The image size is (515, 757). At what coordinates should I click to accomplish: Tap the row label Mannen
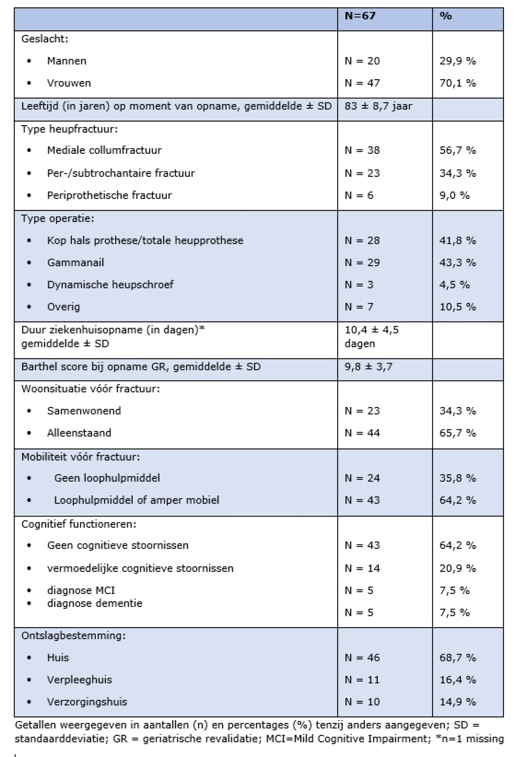(x=67, y=61)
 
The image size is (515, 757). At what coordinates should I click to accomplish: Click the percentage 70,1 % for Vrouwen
(x=458, y=83)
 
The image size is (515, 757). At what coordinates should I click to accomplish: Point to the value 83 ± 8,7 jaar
(x=378, y=106)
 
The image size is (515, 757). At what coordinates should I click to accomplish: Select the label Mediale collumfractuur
(x=104, y=150)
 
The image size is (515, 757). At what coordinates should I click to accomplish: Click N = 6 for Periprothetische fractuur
(x=359, y=195)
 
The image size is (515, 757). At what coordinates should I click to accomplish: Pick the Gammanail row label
(x=75, y=263)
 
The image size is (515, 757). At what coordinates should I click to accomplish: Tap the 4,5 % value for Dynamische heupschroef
(x=454, y=285)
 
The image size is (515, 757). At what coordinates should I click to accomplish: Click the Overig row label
(x=63, y=307)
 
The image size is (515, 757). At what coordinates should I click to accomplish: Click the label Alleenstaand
(x=79, y=433)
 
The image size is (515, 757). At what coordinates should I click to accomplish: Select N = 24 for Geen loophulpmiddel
(x=362, y=478)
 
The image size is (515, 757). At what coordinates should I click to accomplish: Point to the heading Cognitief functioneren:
(x=79, y=524)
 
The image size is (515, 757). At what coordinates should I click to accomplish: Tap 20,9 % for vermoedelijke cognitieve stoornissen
(x=458, y=568)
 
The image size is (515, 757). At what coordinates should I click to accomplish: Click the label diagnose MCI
(x=81, y=590)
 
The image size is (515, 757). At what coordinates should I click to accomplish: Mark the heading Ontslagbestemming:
(x=73, y=636)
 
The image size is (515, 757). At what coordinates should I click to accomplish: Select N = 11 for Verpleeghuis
(x=362, y=680)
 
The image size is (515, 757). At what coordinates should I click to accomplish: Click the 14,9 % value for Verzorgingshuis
(x=458, y=702)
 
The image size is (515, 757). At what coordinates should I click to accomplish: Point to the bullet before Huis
(x=29, y=658)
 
